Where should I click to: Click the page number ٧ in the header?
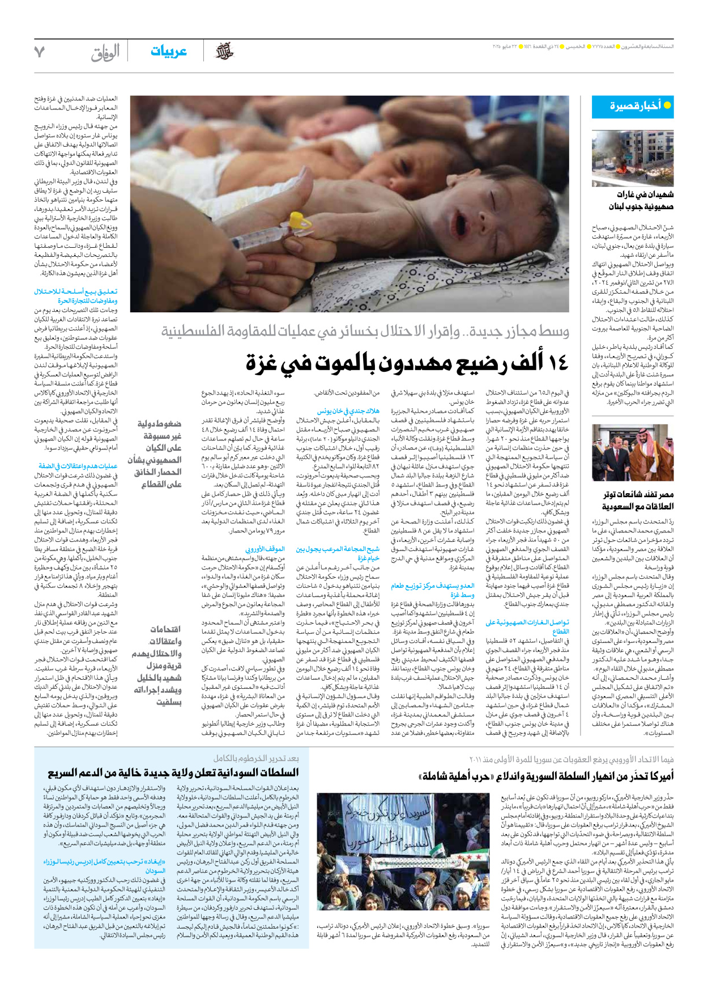(x=39, y=52)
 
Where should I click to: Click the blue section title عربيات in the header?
(x=169, y=52)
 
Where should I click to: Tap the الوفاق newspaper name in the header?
(x=105, y=53)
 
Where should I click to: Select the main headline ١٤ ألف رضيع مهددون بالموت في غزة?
(x=407, y=363)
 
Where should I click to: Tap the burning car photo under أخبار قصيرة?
(x=633, y=159)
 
